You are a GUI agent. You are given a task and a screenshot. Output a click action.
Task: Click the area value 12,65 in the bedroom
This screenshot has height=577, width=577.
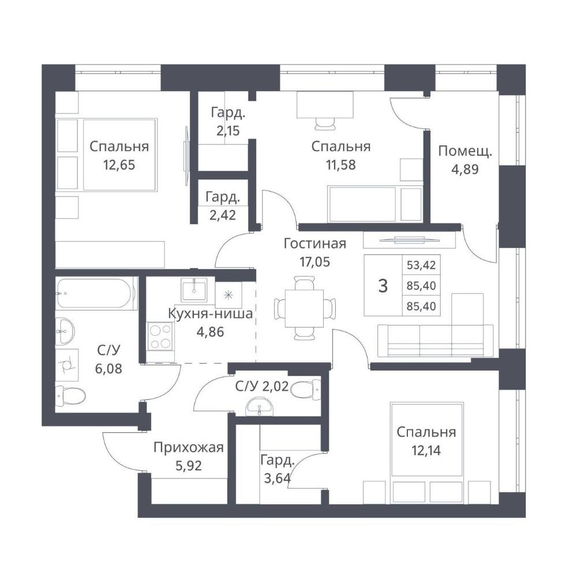[119, 165]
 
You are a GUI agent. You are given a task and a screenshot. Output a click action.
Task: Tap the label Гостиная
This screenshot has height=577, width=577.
[314, 243]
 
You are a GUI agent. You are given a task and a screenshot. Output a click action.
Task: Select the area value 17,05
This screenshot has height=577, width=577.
[314, 262]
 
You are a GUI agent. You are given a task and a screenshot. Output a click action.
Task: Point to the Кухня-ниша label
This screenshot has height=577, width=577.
[210, 313]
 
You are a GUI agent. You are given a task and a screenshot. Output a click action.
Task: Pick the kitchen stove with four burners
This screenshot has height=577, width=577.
[160, 336]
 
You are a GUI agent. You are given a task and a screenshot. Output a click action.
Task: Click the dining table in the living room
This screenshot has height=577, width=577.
[304, 308]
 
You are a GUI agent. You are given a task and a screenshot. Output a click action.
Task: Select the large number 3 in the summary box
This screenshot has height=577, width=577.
[383, 286]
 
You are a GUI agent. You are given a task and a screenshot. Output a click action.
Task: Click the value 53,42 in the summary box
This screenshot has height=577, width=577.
[421, 265]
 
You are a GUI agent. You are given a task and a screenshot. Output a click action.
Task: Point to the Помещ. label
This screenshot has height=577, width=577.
[464, 151]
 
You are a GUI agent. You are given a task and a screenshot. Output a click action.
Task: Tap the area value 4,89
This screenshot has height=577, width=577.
[464, 169]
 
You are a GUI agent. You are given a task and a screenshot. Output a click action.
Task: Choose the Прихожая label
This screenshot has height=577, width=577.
[189, 448]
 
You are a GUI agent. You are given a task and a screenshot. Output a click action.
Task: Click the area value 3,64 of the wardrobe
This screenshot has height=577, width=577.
[278, 478]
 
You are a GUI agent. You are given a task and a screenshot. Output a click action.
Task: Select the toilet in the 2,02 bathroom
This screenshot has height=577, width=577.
[305, 389]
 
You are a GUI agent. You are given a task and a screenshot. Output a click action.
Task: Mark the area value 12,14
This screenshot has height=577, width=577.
[426, 450]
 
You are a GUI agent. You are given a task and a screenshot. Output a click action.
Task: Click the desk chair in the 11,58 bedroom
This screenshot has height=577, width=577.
[325, 123]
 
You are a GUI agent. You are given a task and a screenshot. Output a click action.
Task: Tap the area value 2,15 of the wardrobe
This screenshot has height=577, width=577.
[228, 130]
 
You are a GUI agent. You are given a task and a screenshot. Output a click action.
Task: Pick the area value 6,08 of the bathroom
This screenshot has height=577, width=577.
[108, 368]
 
